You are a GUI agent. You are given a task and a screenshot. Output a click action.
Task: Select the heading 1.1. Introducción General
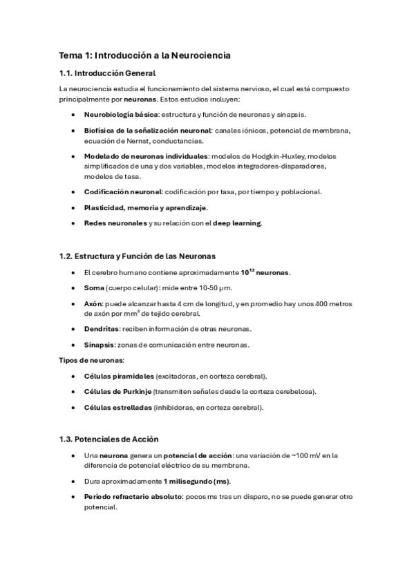(x=107, y=73)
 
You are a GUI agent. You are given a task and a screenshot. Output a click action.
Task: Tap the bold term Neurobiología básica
(x=121, y=114)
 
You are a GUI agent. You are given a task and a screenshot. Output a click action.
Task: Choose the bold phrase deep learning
(x=238, y=223)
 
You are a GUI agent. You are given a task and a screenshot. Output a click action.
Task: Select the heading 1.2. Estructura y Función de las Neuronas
(x=138, y=256)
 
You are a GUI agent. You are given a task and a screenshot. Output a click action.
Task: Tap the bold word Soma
(x=94, y=287)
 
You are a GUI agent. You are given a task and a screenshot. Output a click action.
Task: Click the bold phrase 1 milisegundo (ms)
(x=197, y=481)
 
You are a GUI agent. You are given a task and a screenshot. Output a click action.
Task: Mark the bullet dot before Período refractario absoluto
(x=73, y=497)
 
